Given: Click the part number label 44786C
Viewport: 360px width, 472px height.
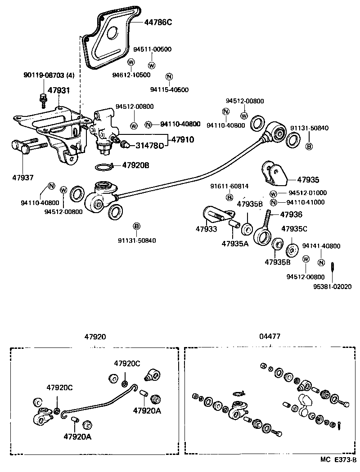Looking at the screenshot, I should coord(158,22).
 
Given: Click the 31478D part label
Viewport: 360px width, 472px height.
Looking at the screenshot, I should coord(149,145).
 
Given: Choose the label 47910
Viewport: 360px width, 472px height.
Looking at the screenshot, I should coord(182,140).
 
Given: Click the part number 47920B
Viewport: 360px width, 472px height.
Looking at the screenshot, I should coord(135,165).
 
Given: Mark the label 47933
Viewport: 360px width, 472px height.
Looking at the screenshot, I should coord(206,229).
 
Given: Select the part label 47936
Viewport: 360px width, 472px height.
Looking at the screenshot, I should coord(291,214).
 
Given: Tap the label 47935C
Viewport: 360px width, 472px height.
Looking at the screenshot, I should coord(294,229).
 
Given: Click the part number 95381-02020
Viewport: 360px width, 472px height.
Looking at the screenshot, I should coord(332,286).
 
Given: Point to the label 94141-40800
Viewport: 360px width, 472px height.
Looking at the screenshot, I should coord(321,246).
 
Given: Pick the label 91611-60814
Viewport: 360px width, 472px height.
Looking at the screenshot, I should coord(229,186).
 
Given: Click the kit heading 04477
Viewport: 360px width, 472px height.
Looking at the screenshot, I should coord(270,336).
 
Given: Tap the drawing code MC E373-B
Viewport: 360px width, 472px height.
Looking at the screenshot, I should coord(338,460).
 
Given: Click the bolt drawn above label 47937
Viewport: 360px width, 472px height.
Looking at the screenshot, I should coord(29,146).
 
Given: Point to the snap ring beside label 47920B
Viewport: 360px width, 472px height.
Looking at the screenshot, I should coord(104,167).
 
